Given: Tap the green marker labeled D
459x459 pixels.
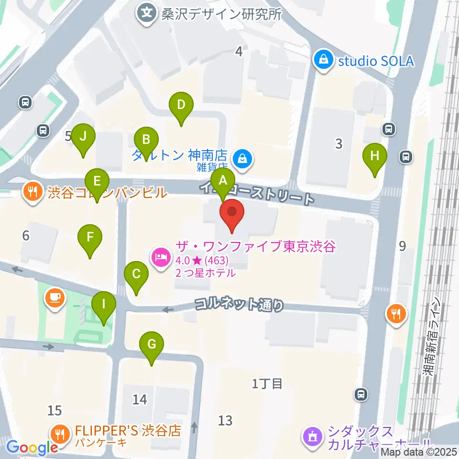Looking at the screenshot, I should pos(181,105).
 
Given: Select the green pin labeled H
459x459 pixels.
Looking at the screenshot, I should pos(374,156).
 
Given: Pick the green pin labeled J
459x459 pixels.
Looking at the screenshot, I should pos(83,137).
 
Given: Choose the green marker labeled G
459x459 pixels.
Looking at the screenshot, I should pos(152,345).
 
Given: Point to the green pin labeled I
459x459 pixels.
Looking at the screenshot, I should pos(103,304).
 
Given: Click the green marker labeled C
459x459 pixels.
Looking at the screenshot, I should pos(136,275).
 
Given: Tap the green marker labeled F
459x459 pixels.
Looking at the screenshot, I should pos(90,237).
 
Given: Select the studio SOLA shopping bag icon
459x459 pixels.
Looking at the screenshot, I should pos(324,61).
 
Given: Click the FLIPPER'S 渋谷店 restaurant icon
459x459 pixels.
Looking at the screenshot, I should pos(60,433).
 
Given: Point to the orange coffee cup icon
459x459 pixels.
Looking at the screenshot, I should pos(55,298).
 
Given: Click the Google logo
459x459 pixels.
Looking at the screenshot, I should pos(32,447).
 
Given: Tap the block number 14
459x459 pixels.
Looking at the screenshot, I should pos(140,399).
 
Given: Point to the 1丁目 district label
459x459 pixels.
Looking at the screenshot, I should pos(267,383).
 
